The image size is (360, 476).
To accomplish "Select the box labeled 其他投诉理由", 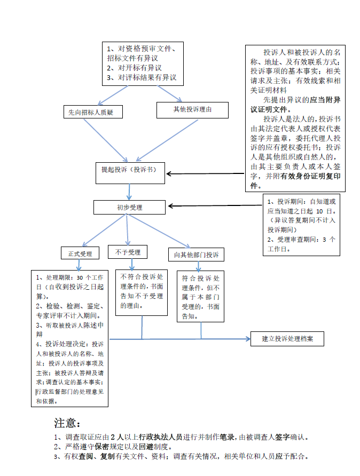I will click(x=193, y=110).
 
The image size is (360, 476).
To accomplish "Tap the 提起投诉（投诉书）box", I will click(x=129, y=170).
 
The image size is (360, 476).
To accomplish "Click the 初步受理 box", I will click(x=130, y=207).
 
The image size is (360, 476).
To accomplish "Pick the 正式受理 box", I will click(x=80, y=253).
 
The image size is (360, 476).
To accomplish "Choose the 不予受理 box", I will click(x=128, y=252).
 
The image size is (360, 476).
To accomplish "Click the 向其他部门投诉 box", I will click(x=196, y=255).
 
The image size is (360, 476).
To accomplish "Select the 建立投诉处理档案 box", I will click(x=287, y=338).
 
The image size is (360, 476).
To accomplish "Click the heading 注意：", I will click(x=67, y=423).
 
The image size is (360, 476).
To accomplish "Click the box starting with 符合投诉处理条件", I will click(x=201, y=296).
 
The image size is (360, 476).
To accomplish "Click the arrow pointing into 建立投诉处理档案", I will click(x=235, y=339).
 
